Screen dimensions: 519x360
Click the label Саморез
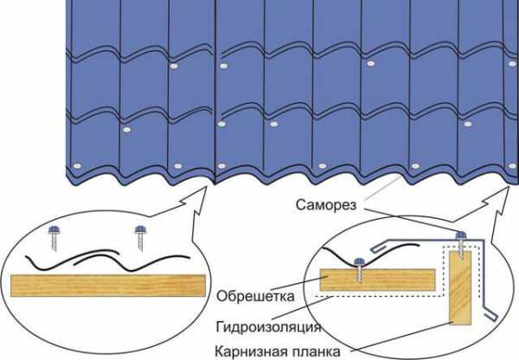tap(326, 205)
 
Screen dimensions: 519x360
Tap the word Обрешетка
tap(255, 296)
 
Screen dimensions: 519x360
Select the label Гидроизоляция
tap(268, 326)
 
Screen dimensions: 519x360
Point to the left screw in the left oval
tap(54, 237)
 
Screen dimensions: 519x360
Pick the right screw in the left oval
tap(141, 237)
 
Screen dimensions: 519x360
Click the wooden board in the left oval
tap(108, 286)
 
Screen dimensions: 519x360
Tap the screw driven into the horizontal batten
tap(360, 269)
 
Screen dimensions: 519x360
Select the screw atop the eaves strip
tap(461, 244)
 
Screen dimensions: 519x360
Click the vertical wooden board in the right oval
tap(460, 287)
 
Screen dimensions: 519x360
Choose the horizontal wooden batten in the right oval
tap(377, 280)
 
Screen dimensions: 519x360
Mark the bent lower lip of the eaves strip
tap(490, 314)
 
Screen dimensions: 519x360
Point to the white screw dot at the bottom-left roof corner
tap(77, 166)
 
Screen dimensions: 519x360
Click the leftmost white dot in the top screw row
tap(174, 66)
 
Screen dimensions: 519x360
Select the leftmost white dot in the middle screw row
tap(127, 130)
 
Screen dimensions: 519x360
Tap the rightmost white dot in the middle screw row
tap(468, 125)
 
